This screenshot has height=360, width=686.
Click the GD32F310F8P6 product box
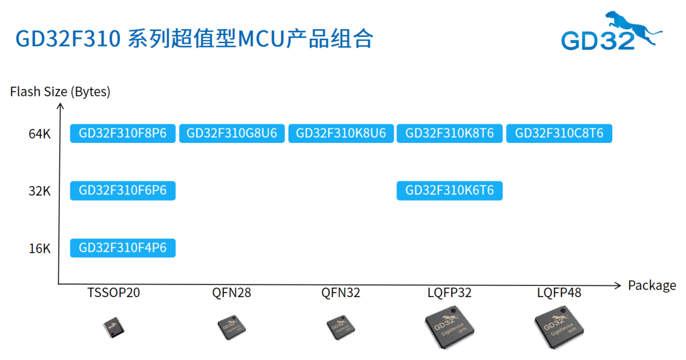tap(123, 133)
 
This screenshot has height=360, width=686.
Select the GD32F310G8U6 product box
tap(232, 133)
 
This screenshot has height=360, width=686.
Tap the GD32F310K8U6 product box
tap(340, 133)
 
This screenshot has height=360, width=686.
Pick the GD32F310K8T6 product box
tap(450, 133)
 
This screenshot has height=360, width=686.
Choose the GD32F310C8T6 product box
tap(559, 133)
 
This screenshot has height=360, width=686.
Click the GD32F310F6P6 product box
tap(123, 190)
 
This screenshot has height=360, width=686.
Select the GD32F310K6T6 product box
tap(450, 190)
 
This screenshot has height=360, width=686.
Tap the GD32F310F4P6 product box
tap(123, 248)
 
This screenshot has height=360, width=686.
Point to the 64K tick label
tap(39, 134)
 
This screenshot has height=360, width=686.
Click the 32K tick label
tap(39, 190)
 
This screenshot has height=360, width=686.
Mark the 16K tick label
tap(39, 248)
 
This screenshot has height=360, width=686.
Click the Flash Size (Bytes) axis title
tap(60, 91)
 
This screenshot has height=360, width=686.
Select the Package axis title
tap(652, 285)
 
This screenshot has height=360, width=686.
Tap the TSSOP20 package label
tap(114, 293)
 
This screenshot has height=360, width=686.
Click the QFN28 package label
tap(232, 293)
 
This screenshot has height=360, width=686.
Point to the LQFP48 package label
tap(559, 293)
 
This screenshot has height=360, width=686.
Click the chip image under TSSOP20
tap(114, 327)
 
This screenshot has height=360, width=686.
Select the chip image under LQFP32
tap(450, 326)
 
